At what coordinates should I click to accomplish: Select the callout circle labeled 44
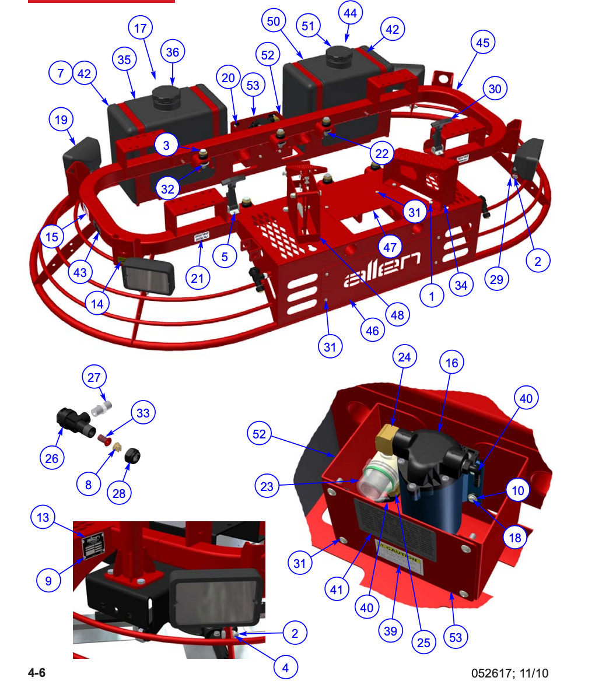coord(352,12)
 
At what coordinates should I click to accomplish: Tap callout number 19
coord(61,120)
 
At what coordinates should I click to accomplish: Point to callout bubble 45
coord(482,42)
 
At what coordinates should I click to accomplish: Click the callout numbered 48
coord(397,315)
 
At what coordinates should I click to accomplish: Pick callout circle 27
coord(94,377)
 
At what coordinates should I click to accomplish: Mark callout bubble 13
coord(44,518)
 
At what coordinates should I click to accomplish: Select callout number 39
coord(391,630)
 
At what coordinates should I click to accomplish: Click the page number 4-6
coord(37,673)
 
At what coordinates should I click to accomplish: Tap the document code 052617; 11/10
coord(510,673)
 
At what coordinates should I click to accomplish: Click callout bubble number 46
coord(372,331)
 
